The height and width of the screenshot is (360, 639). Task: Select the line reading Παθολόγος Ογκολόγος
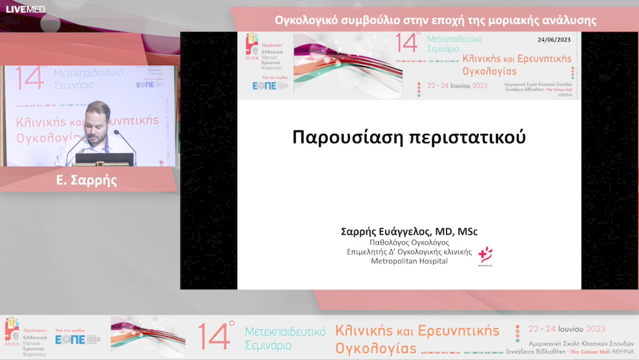[409, 242]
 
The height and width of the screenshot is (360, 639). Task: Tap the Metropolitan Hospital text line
[409, 261]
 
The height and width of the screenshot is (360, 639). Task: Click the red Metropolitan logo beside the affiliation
[486, 255]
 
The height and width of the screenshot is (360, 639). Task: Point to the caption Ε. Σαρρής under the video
[86, 181]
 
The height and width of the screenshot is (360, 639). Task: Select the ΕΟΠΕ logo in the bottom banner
[70, 339]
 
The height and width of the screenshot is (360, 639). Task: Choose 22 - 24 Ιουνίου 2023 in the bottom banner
[566, 329]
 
